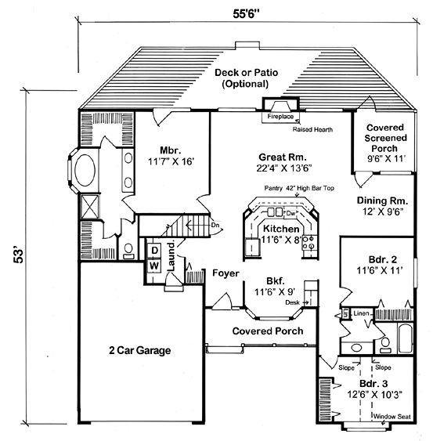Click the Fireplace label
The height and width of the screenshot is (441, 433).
[280, 116]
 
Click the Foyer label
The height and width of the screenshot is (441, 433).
[225, 273]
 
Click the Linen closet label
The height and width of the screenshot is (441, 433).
[360, 313]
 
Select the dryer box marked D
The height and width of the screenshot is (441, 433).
[155, 251]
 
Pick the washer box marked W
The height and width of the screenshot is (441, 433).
[155, 265]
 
